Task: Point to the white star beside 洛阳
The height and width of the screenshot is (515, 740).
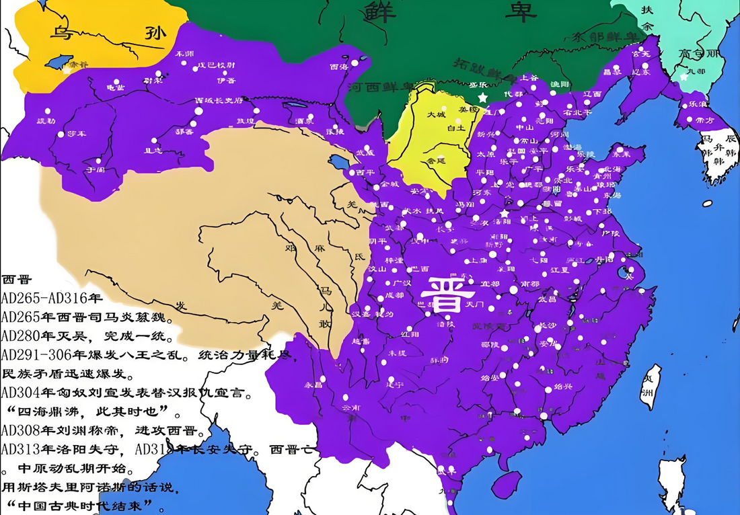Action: (505, 213)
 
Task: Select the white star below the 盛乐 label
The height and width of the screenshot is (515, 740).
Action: (482, 98)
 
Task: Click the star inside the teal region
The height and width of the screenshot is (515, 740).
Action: (684, 77)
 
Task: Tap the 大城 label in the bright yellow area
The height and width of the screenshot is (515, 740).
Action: (437, 115)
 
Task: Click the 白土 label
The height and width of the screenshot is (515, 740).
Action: (456, 127)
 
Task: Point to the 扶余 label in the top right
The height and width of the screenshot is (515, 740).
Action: (647, 18)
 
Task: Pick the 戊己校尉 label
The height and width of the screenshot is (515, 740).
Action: (215, 65)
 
